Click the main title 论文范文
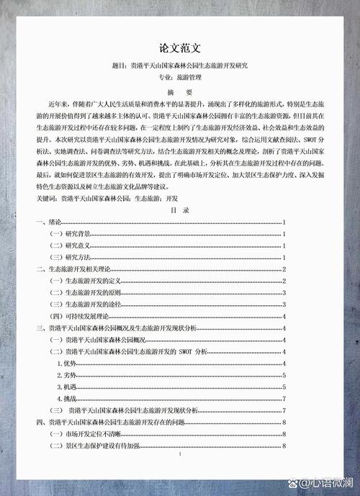179,49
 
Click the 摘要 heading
179,92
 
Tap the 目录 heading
179,210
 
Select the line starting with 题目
179,66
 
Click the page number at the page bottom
179,455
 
